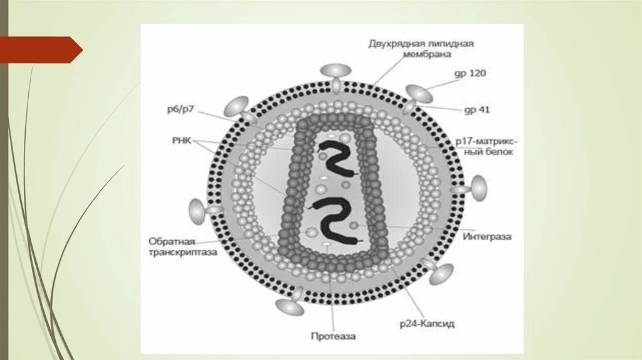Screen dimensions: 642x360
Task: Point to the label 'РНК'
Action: pyautogui.click(x=182, y=141)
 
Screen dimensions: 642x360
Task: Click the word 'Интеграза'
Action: pyautogui.click(x=487, y=237)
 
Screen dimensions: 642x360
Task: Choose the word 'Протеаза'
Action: pyautogui.click(x=333, y=336)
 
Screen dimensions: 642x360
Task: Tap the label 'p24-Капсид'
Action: pyautogui.click(x=427, y=324)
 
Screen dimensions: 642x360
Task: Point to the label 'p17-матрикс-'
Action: pyautogui.click(x=487, y=141)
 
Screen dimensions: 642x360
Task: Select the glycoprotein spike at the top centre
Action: pyautogui.click(x=337, y=74)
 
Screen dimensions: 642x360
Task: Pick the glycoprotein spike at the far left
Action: pyautogui.click(x=199, y=211)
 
